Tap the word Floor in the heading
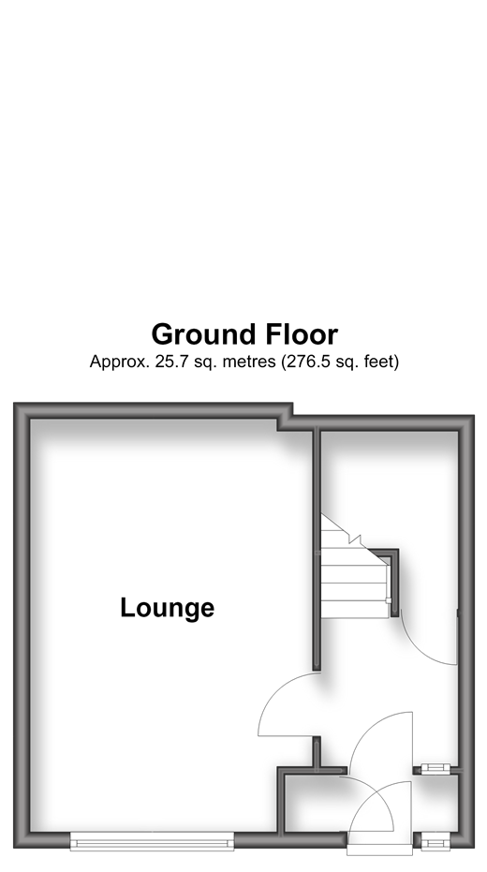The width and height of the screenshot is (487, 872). pyautogui.click(x=302, y=334)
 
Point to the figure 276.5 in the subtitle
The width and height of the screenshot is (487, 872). pyautogui.click(x=304, y=362)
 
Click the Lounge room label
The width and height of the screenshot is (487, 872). pyautogui.click(x=168, y=607)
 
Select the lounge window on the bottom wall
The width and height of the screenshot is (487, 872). pyautogui.click(x=152, y=841)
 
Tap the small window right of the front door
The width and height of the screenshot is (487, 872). pyautogui.click(x=435, y=843)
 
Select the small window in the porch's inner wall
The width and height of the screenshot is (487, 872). pyautogui.click(x=435, y=769)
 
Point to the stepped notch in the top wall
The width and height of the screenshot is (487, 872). pyautogui.click(x=286, y=417)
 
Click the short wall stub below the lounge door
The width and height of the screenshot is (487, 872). pyautogui.click(x=317, y=754)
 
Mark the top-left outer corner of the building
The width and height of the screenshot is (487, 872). pyautogui.click(x=14, y=403)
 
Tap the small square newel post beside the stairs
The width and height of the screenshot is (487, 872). pyautogui.click(x=389, y=600)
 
